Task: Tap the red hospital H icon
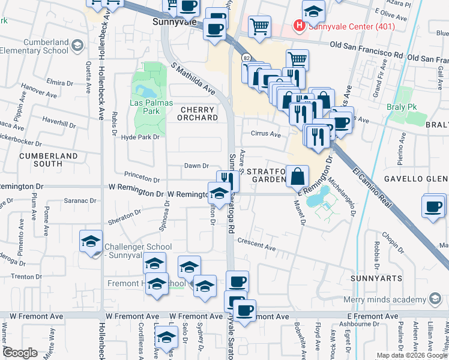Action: click(298, 26)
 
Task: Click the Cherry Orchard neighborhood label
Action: click(197, 113)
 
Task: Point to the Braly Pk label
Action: click(409, 109)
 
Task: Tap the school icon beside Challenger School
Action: click(91, 242)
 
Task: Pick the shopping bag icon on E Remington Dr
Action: click(297, 177)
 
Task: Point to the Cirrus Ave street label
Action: click(266, 135)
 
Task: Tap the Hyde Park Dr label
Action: click(140, 137)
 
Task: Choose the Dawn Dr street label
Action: click(196, 166)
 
